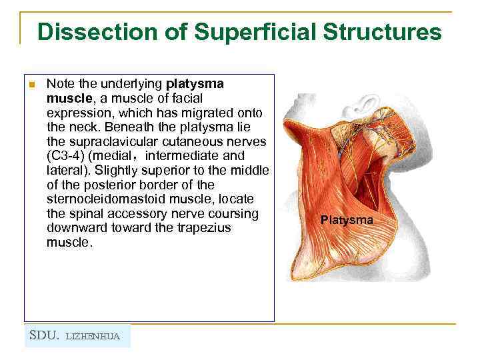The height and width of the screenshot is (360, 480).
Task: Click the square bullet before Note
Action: click(31, 85)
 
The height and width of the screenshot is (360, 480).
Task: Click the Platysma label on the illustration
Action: click(347, 219)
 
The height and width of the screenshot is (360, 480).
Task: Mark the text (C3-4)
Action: click(65, 156)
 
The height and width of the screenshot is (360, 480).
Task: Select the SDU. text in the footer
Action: click(44, 335)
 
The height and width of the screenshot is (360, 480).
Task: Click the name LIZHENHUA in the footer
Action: click(93, 336)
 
